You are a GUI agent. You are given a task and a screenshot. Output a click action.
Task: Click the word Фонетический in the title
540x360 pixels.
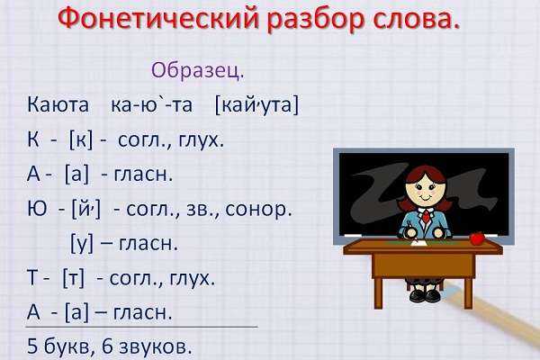tap(158, 18)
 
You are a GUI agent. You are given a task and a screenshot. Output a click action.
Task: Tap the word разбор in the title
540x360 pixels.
tap(316, 20)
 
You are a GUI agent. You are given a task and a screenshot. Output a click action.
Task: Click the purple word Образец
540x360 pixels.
tap(197, 70)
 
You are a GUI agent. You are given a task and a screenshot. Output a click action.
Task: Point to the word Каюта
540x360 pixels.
tap(58, 104)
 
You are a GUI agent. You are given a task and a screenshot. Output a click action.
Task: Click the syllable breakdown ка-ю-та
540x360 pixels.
tap(151, 104)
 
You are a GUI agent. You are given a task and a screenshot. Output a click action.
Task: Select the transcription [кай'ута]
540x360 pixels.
tap(256, 104)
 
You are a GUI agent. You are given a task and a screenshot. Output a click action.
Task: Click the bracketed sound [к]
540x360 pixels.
tap(81, 139)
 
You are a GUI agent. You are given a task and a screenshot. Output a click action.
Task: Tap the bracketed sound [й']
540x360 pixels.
tap(86, 209)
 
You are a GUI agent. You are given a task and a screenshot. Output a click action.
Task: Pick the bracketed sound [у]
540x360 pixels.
tap(82, 244)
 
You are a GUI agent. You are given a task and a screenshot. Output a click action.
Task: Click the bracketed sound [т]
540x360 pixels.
tap(74, 278)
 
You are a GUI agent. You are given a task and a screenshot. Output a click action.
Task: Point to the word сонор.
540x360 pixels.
tap(258, 210)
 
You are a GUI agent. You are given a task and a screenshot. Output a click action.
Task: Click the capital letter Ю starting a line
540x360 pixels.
tap(37, 209)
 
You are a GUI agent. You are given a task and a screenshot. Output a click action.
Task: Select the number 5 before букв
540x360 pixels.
tap(32, 346)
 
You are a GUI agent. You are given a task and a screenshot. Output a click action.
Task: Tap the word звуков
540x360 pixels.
tap(154, 346)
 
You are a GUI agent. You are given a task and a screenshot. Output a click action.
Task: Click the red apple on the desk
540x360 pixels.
tap(477, 238)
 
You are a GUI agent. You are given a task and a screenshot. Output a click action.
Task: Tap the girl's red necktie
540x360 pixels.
tap(427, 216)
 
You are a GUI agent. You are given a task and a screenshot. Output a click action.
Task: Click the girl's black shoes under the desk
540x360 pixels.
tap(425, 295)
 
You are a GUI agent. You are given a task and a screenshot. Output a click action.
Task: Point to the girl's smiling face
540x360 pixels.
tap(424, 190)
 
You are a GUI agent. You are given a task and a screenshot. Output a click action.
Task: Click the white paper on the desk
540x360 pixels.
tap(419, 243)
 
